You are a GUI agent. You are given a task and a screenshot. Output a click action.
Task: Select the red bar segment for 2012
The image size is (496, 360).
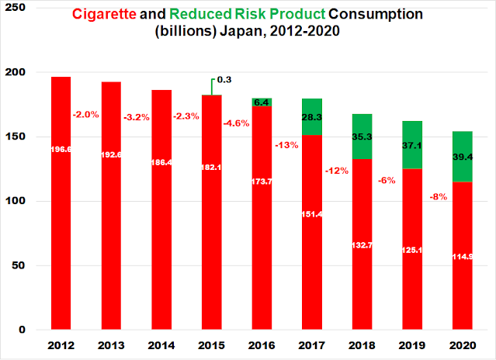pos(60,233)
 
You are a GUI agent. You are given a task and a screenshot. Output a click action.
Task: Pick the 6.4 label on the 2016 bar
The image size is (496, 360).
pos(262,102)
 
